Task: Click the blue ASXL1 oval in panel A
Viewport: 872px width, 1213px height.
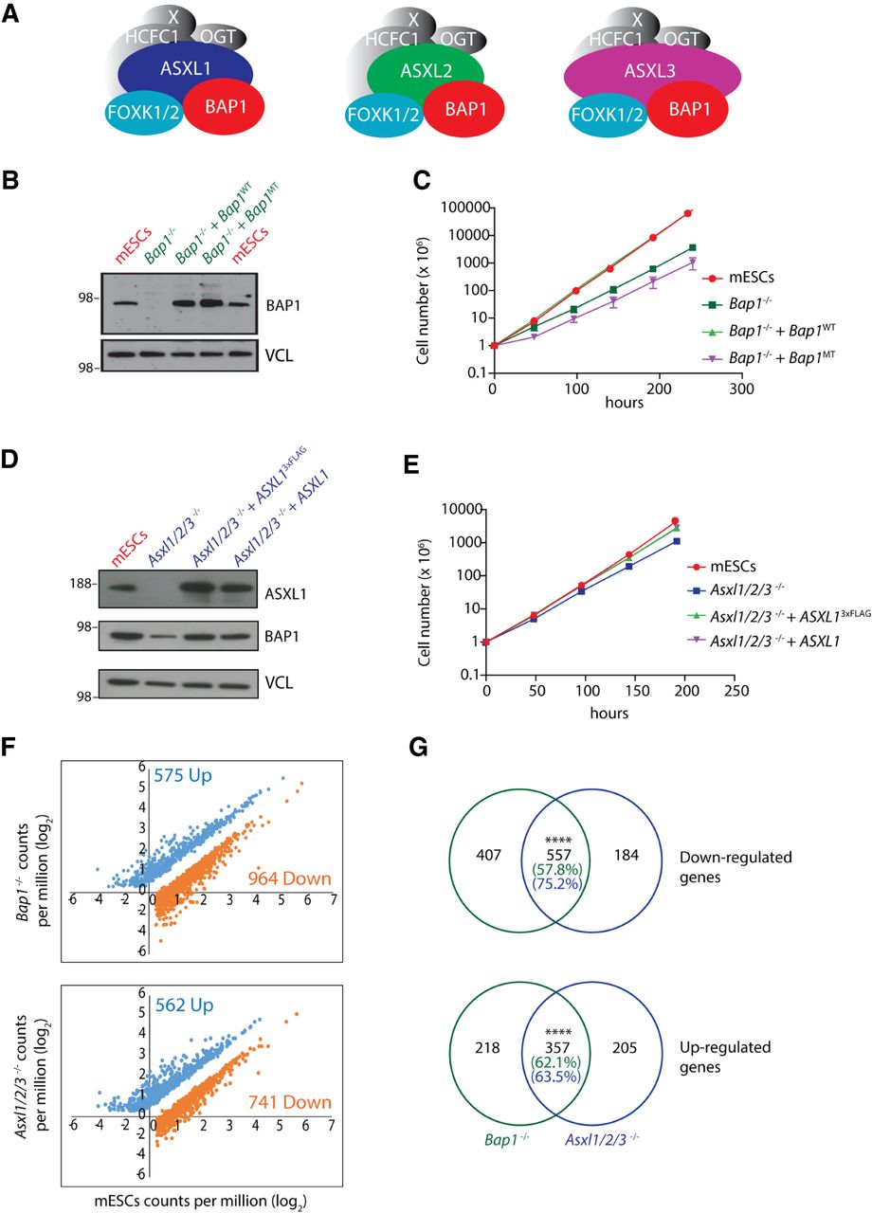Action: (x=185, y=71)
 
